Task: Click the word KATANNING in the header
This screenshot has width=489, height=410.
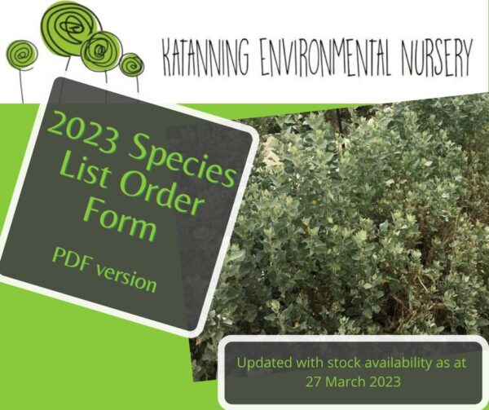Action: [206, 57]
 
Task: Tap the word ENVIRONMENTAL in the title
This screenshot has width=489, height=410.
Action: [325, 57]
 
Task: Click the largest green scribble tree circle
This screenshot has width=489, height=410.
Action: [72, 29]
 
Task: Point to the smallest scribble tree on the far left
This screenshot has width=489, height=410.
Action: [21, 54]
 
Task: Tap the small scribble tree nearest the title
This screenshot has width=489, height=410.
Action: [131, 65]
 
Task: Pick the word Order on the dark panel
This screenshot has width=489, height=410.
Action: [162, 194]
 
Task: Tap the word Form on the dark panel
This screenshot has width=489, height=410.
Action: [120, 219]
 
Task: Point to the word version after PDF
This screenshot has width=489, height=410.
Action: [126, 279]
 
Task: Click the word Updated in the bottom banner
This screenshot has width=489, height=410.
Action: [265, 364]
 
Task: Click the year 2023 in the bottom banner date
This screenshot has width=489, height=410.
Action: [385, 381]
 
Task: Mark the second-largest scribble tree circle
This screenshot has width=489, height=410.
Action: [100, 51]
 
